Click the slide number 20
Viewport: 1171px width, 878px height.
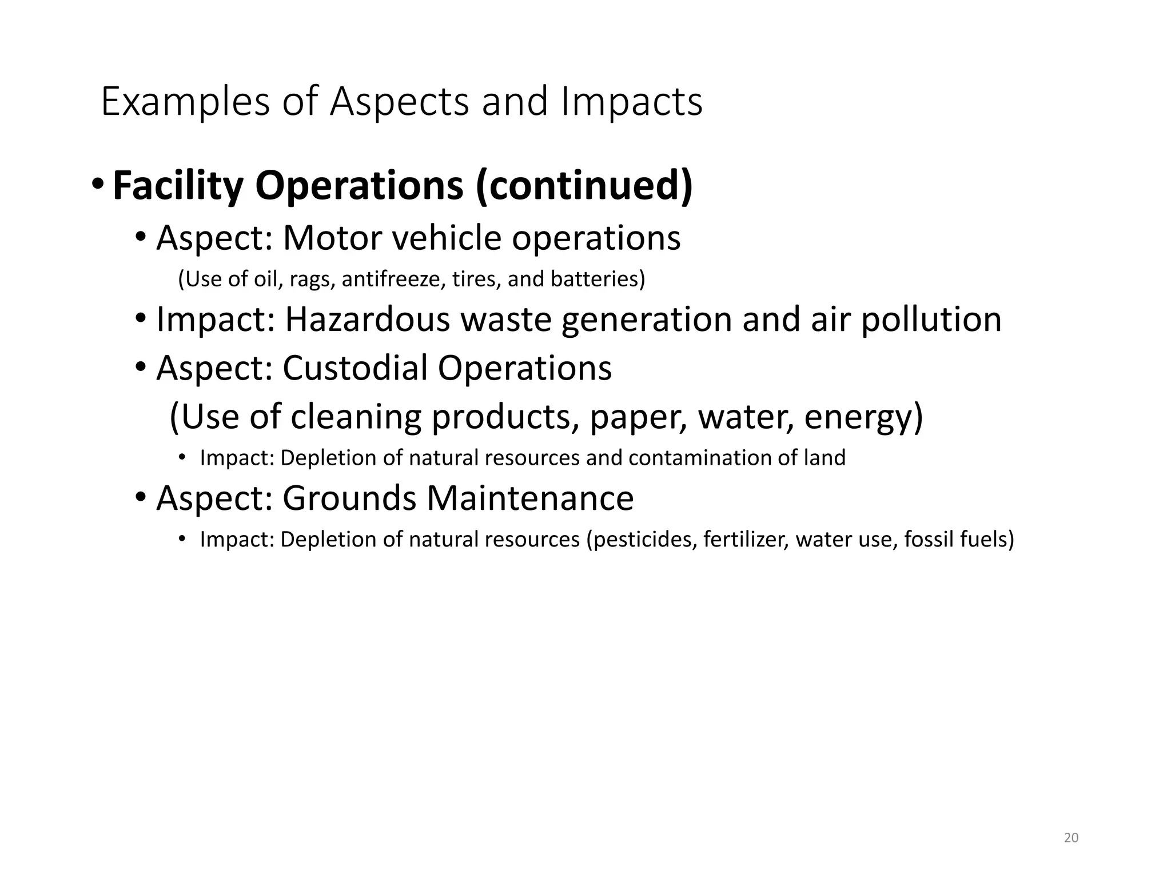pyautogui.click(x=1071, y=838)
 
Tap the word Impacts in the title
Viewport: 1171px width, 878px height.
pyautogui.click(x=631, y=102)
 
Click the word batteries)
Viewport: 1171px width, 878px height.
pyautogui.click(x=598, y=279)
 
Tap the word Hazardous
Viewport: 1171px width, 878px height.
pyautogui.click(x=367, y=319)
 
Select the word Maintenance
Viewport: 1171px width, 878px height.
pyautogui.click(x=530, y=498)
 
